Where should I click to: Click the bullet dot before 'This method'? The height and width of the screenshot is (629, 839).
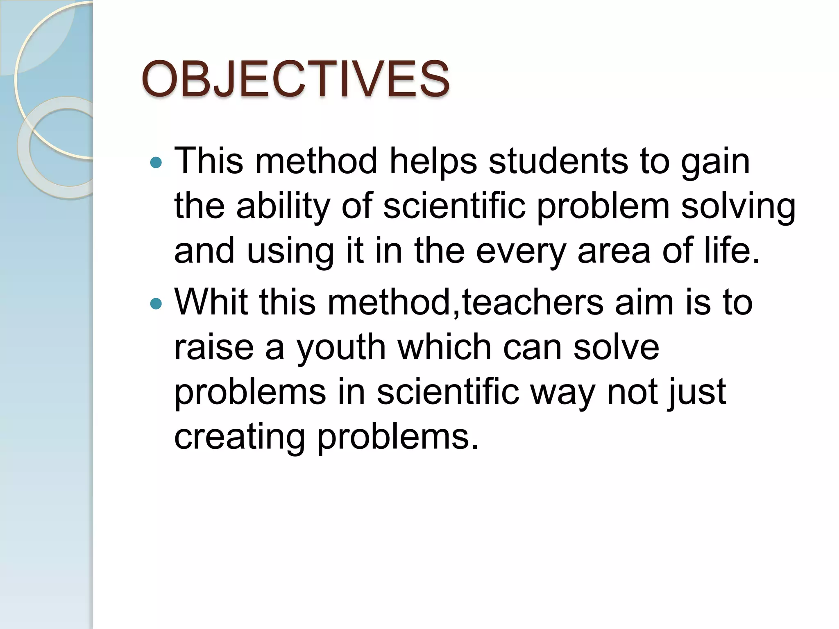click(x=156, y=163)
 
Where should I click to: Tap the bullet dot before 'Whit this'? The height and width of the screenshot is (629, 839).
click(x=156, y=304)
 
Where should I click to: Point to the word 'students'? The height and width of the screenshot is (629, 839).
click(x=558, y=161)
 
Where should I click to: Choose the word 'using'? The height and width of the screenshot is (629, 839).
click(x=290, y=251)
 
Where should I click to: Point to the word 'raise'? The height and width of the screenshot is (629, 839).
click(x=214, y=347)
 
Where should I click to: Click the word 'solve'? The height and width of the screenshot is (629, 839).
click(x=616, y=347)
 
